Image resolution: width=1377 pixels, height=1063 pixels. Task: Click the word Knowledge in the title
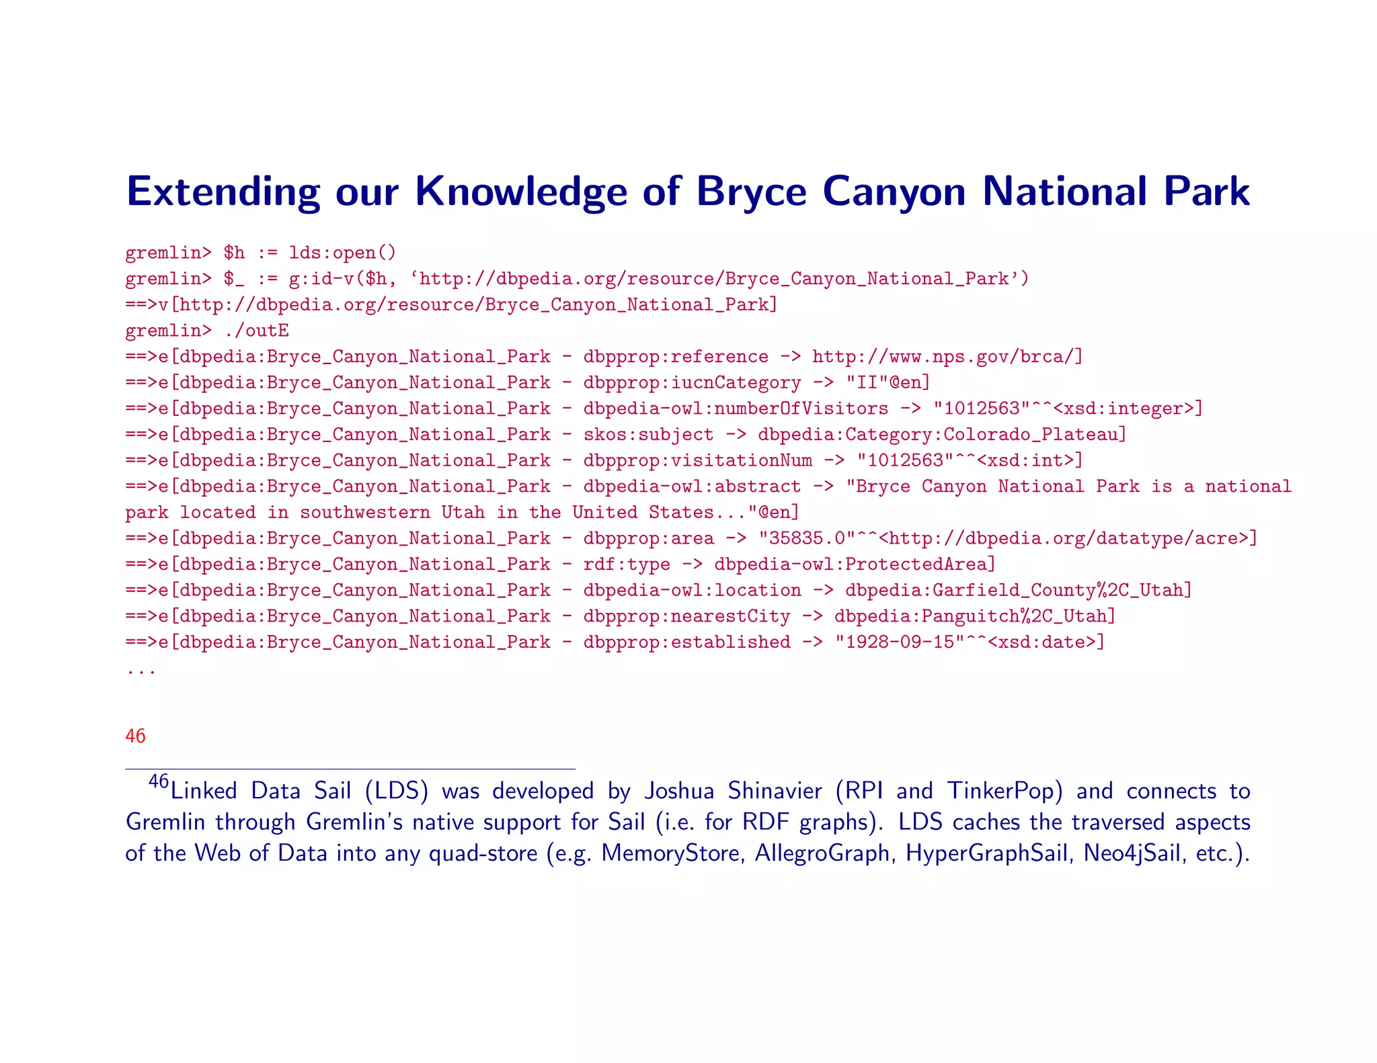tap(522, 192)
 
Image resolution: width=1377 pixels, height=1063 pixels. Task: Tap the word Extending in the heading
tap(223, 192)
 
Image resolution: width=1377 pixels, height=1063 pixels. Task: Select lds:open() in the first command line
tap(343, 253)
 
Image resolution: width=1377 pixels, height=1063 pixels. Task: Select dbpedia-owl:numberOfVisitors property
tap(736, 409)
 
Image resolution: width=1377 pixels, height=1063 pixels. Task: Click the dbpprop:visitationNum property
tap(697, 461)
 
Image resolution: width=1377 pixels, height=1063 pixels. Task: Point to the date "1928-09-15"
tap(900, 642)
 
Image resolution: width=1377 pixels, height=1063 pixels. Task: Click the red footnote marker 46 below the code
tap(135, 736)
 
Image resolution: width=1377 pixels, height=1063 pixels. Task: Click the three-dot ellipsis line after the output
tap(141, 671)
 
